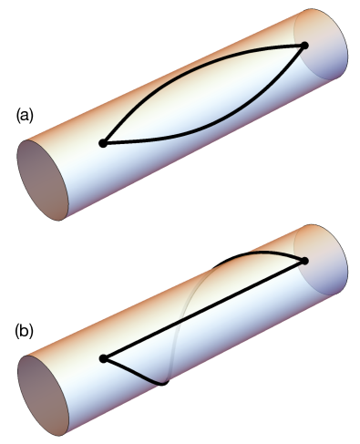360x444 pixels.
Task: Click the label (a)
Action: point(26,116)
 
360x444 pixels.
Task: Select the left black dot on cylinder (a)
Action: point(103,143)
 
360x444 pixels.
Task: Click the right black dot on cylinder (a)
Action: point(303,45)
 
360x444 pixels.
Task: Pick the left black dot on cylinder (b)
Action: point(104,358)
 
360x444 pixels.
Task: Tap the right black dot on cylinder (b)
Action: point(303,261)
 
